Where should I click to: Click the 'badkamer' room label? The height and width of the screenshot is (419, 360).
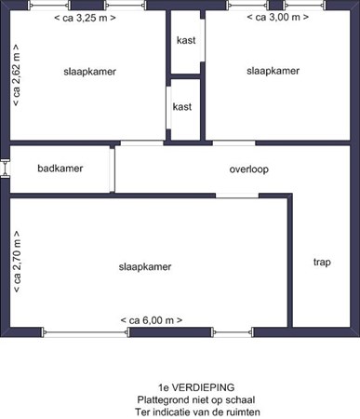[60, 169]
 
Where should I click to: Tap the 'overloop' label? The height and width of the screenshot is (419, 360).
[248, 169]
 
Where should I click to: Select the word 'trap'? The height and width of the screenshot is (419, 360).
[322, 262]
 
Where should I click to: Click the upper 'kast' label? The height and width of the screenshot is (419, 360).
[185, 40]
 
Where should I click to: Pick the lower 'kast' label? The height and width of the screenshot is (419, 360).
[182, 106]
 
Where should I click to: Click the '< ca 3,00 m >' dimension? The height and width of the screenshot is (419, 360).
[281, 18]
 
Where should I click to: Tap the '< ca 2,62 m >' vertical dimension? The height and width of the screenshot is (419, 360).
[17, 75]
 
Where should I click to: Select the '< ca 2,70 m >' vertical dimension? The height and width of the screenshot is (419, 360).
[17, 264]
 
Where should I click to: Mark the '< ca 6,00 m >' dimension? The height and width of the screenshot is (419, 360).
[151, 320]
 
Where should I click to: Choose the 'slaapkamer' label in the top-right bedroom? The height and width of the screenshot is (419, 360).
[273, 71]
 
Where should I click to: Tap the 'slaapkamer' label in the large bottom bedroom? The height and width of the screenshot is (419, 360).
[146, 266]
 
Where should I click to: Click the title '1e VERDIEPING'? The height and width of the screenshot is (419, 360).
[196, 386]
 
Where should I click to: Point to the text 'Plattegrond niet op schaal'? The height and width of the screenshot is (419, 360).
[196, 399]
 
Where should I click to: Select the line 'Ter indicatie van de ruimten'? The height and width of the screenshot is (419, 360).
[196, 411]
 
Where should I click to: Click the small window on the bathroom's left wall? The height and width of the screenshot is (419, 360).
[6, 169]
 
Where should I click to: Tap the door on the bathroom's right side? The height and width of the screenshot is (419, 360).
[113, 169]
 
